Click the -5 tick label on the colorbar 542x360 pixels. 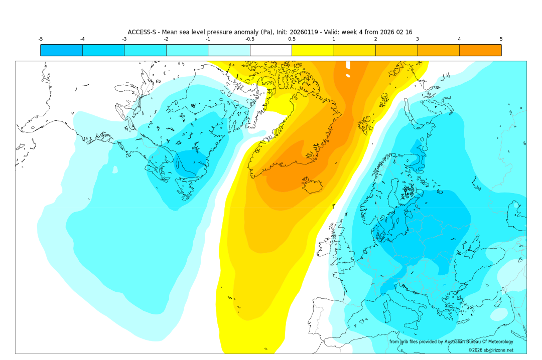pos(40,39)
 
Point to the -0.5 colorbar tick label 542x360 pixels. pos(249,39)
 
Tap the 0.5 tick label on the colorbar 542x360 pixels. pos(292,39)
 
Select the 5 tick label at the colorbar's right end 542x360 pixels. pos(501,39)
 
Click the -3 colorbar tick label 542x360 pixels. pos(124,39)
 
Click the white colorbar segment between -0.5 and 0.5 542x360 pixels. pos(270,50)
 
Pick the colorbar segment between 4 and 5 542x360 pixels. pos(480,50)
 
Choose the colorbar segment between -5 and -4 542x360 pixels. pos(61,50)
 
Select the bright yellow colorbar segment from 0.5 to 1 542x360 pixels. pos(312,50)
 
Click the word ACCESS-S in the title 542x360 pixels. pos(143,32)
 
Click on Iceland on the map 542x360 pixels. pos(314,186)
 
